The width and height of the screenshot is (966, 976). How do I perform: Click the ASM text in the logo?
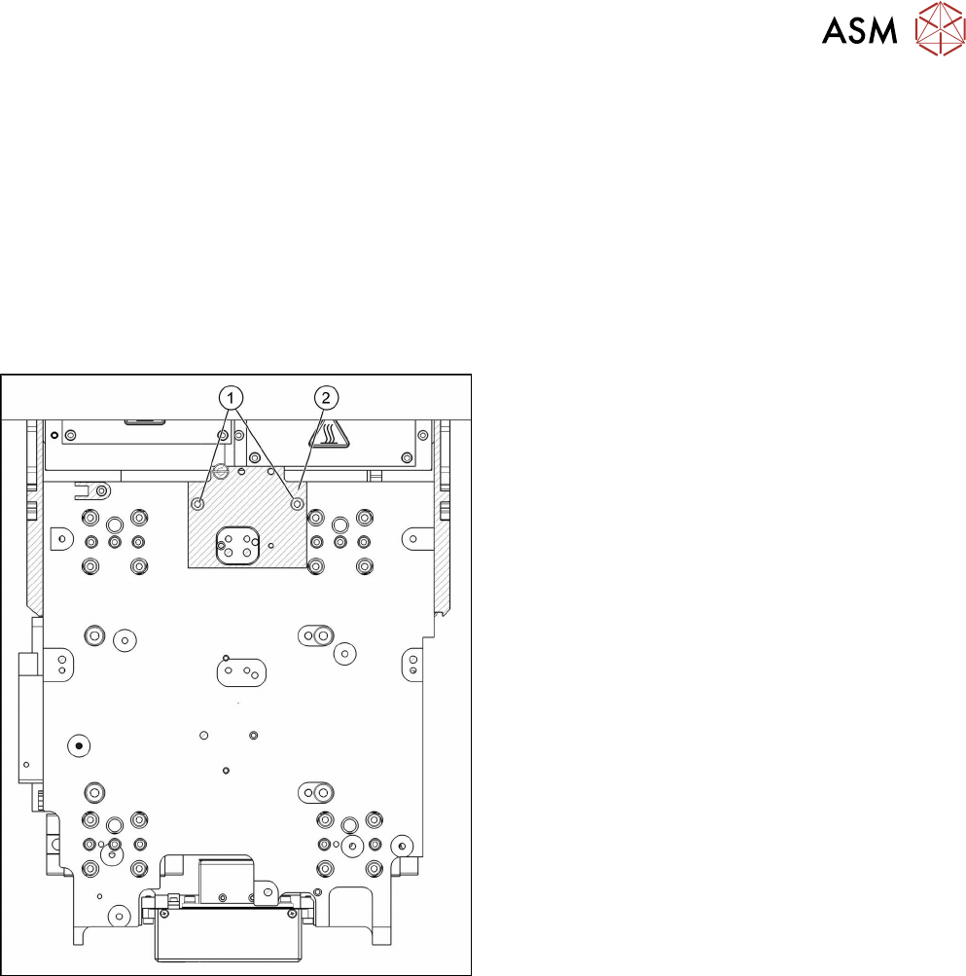(861, 32)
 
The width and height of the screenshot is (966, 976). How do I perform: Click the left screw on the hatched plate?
(197, 504)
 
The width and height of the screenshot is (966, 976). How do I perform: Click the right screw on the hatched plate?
(297, 504)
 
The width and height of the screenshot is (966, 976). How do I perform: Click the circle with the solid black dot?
(79, 745)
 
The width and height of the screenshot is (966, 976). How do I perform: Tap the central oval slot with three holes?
(239, 670)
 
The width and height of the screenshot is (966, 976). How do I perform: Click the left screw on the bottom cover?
(163, 913)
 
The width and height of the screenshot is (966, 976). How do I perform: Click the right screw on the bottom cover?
(292, 913)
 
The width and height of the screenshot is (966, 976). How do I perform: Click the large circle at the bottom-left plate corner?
(119, 915)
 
